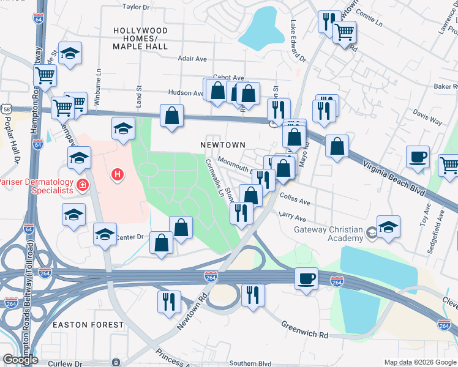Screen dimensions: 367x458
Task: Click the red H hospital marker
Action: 117,176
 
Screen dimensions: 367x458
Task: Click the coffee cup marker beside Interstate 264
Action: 306,278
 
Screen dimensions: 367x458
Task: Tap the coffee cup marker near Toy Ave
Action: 418,157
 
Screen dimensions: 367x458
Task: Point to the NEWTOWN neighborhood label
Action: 223,145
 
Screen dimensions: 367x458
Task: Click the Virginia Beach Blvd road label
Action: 393,177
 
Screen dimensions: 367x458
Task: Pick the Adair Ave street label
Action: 192,59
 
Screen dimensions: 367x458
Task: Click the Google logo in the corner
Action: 20,360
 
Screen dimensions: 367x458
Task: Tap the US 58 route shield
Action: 5,108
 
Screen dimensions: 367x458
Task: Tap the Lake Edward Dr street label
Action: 298,43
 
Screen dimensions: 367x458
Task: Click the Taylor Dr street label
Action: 137,7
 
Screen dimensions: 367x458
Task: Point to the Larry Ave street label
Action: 292,217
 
